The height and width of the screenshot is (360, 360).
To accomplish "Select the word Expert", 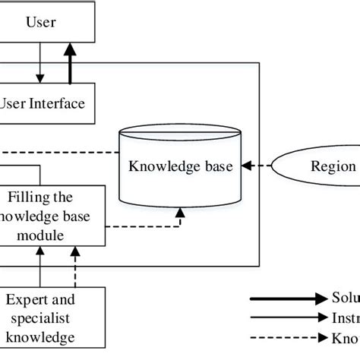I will (30, 301).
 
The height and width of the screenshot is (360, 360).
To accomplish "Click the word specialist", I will (43, 318).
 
